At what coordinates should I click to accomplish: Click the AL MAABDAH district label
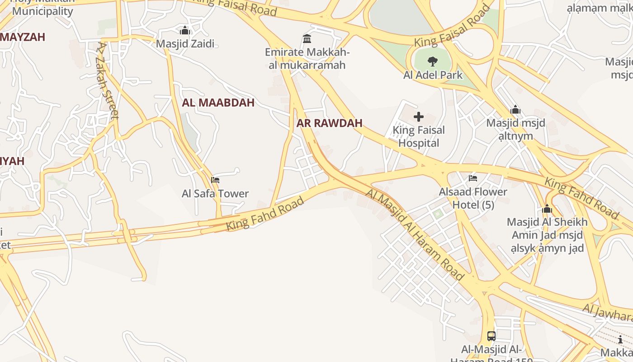218,103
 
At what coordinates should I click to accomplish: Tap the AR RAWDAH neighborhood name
330,123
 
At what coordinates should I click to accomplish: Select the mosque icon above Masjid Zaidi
184,31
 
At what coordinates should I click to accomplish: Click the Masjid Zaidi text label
185,44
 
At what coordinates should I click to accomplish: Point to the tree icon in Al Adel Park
433,62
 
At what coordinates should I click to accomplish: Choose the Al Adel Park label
433,75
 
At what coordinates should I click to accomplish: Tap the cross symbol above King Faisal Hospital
419,117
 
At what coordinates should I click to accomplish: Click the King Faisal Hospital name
419,137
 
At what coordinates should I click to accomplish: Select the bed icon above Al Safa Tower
215,180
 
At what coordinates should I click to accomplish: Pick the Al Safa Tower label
215,194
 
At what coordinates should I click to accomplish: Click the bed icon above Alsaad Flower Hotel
473,178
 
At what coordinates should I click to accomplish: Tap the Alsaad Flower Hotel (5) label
473,198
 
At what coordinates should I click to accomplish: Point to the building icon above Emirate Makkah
307,38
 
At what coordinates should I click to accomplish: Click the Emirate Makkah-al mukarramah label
307,58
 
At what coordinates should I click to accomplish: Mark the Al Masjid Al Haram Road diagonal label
415,234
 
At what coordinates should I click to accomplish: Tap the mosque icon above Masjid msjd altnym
515,110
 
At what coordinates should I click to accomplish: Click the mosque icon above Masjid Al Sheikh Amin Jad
547,209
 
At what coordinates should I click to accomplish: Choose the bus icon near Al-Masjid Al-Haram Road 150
491,336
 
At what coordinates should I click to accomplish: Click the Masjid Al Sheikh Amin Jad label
547,235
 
